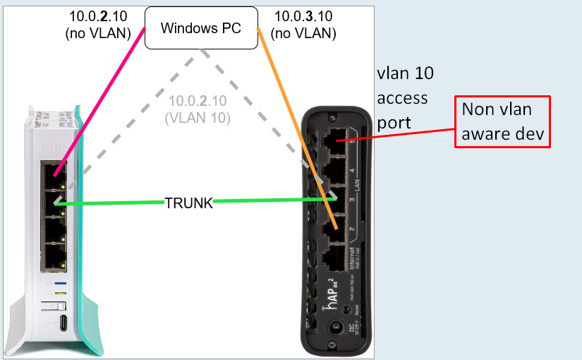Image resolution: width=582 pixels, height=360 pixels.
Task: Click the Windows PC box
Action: pyautogui.click(x=200, y=28)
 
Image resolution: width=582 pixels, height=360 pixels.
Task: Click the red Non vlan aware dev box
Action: pyautogui.click(x=502, y=121)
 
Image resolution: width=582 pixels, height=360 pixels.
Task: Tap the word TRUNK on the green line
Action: pyautogui.click(x=188, y=203)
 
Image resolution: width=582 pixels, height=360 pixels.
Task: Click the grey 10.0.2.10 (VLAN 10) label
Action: pyautogui.click(x=198, y=110)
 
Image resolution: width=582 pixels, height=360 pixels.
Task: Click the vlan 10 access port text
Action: pyautogui.click(x=405, y=98)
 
